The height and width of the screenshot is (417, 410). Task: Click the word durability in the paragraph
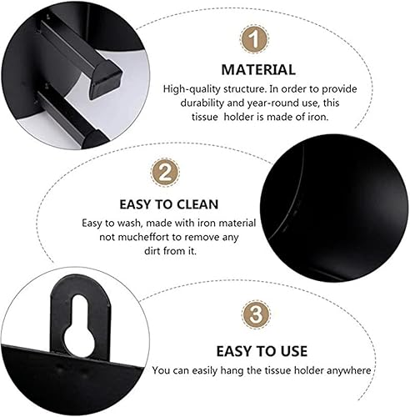pos(191,103)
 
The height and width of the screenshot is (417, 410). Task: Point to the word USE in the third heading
pos(288,351)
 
